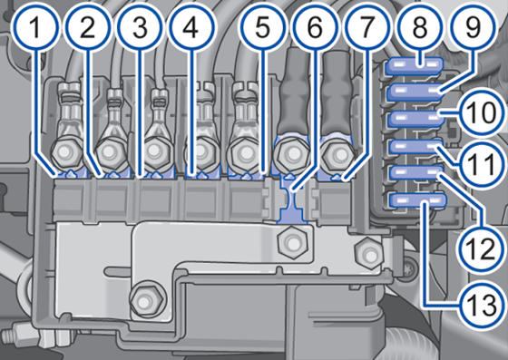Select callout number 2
87,29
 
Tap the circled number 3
139,29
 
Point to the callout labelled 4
189,29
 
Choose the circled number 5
262,29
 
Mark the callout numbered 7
365,29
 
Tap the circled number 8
419,29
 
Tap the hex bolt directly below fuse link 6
292,239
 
